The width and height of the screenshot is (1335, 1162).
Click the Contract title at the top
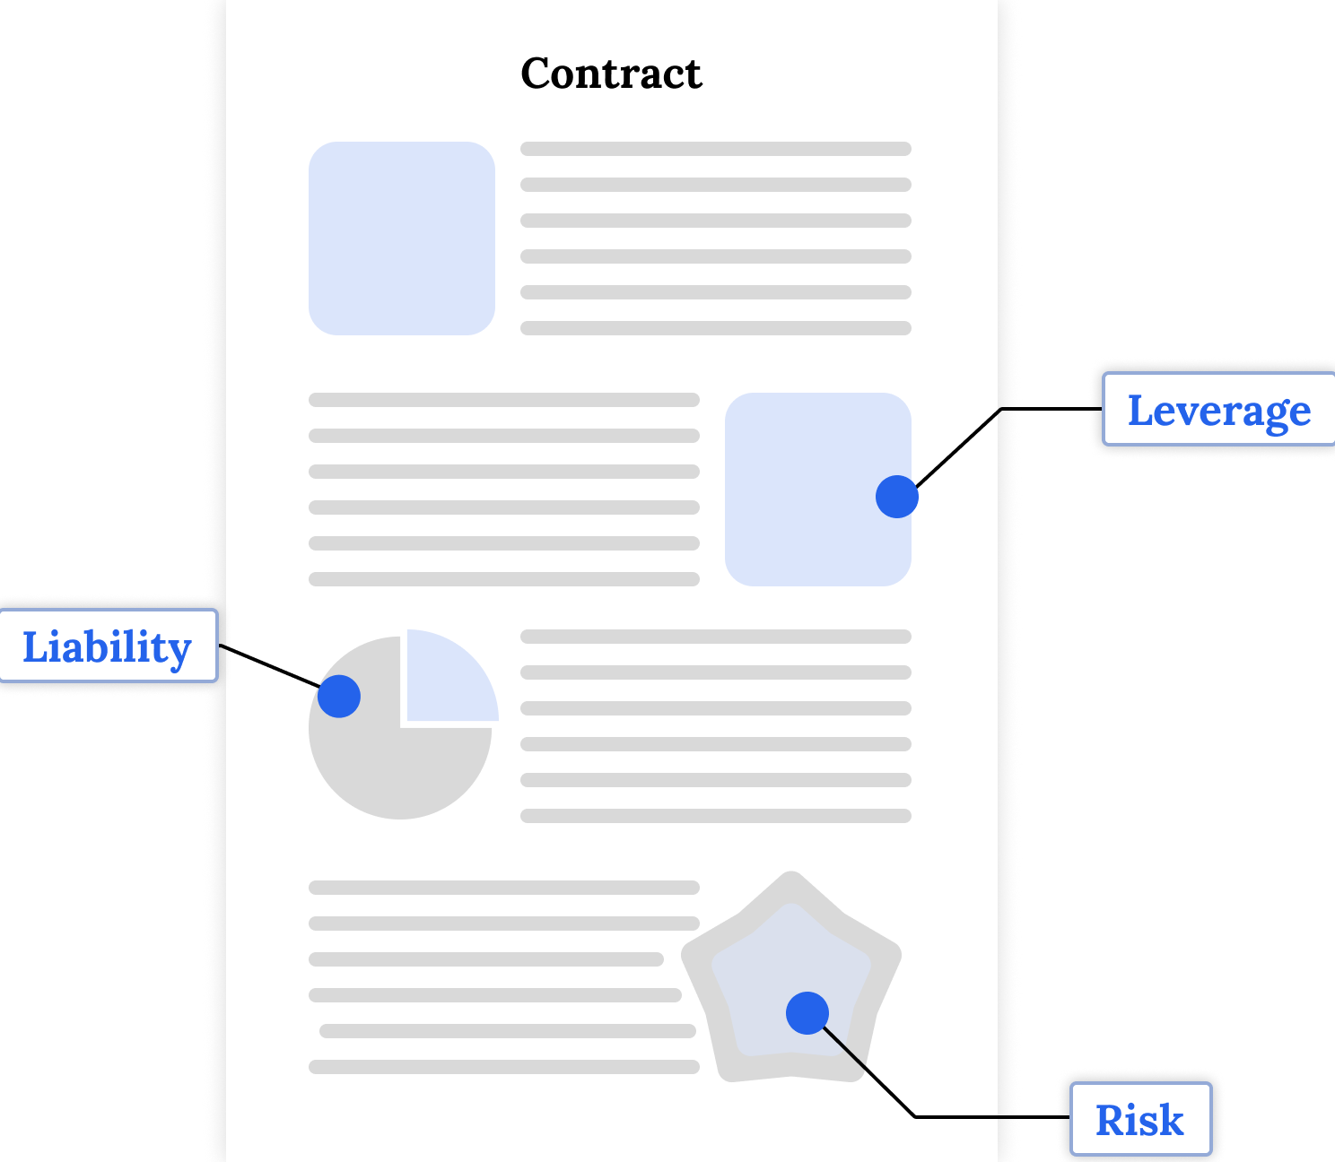[x=611, y=74]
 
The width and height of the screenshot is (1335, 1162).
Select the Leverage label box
[x=1218, y=410]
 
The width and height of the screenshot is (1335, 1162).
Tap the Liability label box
[x=108, y=646]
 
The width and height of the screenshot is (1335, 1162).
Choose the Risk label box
[x=1140, y=1120]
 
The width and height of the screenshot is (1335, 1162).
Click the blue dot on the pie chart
[x=339, y=696]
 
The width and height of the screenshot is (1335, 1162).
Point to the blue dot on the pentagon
[x=807, y=1013]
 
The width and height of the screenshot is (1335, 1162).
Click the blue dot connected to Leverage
[x=897, y=497]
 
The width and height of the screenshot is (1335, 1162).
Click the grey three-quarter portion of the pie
[x=404, y=771]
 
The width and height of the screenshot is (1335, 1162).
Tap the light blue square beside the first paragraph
[x=402, y=238]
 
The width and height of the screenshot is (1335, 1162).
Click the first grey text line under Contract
[x=716, y=149]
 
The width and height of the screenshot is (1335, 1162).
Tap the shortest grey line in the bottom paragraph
[x=486, y=959]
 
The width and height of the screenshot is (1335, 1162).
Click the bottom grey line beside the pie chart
[x=716, y=816]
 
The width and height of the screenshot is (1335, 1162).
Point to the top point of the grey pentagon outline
[x=790, y=877]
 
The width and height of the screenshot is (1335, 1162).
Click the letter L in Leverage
[x=1139, y=410]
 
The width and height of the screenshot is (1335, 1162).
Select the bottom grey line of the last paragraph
[x=504, y=1067]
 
